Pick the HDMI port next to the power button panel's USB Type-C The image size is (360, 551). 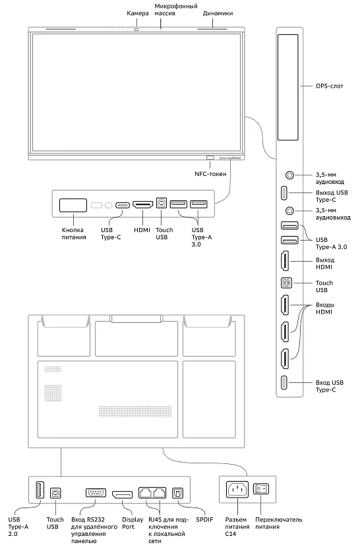(143, 205)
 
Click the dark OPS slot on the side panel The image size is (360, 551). (288, 87)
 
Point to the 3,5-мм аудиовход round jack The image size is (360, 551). (288, 175)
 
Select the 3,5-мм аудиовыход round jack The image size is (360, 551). (288, 211)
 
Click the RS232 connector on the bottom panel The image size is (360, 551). (95, 494)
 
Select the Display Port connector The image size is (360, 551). (123, 494)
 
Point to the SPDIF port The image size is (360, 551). (177, 494)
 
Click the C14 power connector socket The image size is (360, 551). (238, 490)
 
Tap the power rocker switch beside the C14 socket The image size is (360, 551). (263, 490)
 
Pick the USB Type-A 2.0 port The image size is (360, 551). (38, 491)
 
